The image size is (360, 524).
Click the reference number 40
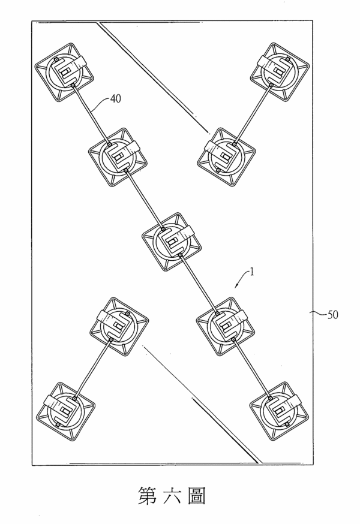tap(115, 99)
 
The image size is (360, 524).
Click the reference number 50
tap(332, 315)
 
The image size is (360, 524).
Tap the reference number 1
tap(252, 272)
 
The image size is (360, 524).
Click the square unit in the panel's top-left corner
tap(65, 72)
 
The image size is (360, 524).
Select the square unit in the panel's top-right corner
tap(280, 72)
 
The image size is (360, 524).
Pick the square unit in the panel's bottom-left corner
tap(65, 412)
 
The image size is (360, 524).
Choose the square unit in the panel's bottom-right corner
tap(280, 411)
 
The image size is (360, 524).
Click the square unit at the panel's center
tap(172, 242)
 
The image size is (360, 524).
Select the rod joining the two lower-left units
tap(92, 369)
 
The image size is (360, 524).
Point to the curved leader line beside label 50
tap(318, 313)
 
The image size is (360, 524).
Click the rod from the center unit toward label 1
tap(199, 284)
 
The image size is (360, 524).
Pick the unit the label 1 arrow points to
tap(225, 327)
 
